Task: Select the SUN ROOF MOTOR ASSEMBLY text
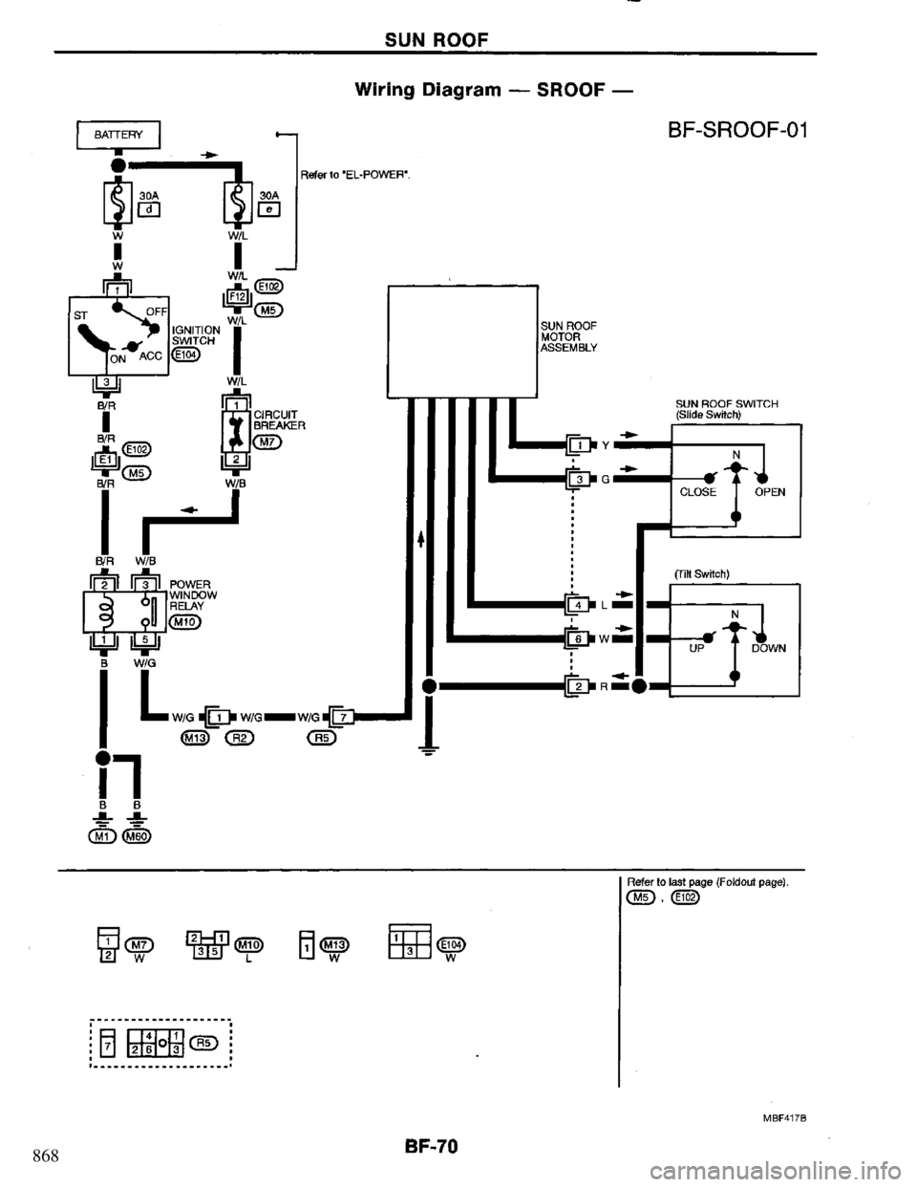point(569,336)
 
